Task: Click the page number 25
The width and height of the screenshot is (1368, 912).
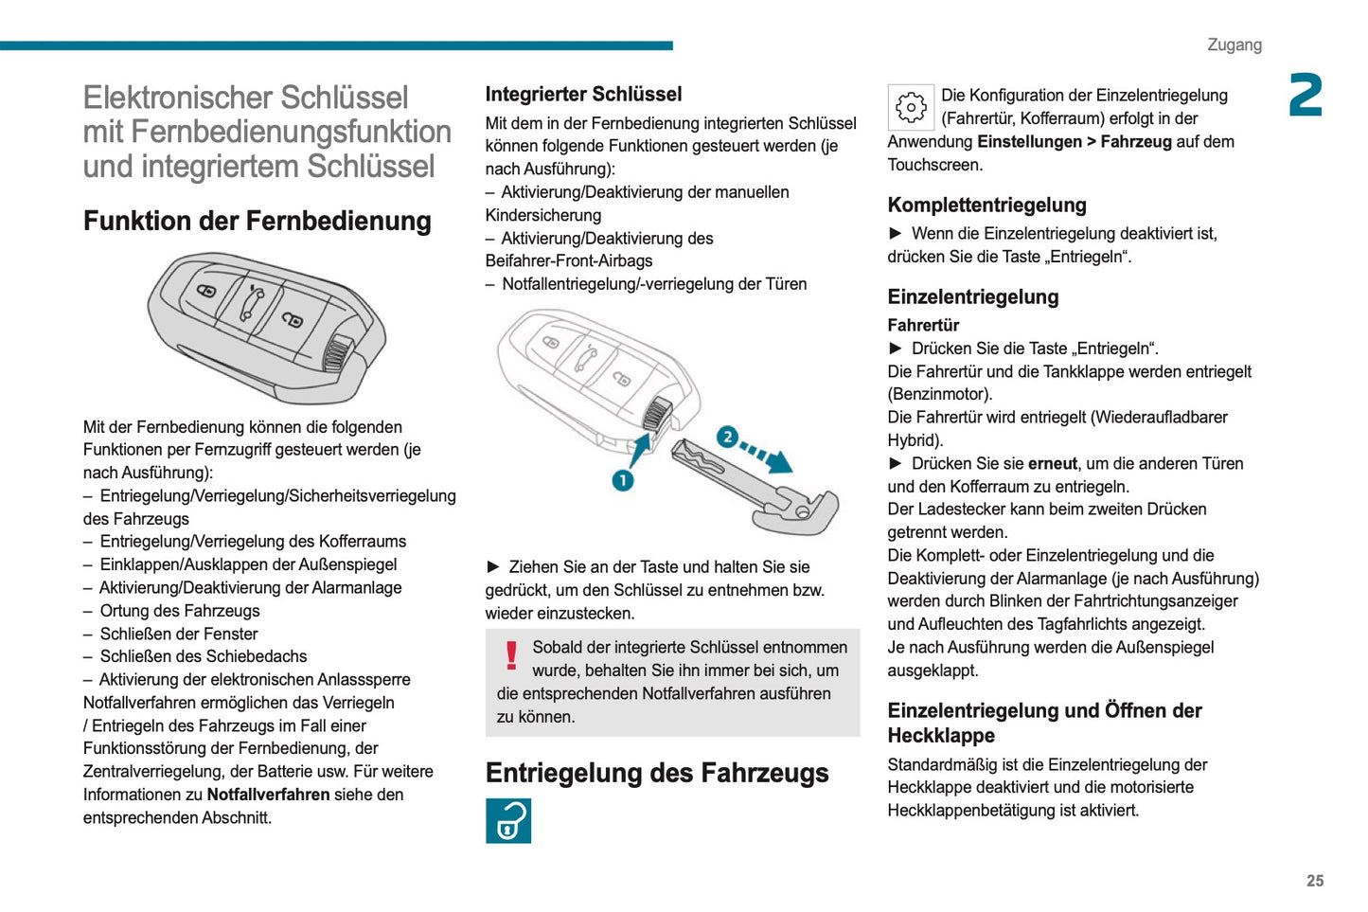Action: click(1314, 881)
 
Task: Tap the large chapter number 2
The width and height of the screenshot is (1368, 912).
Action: click(1306, 96)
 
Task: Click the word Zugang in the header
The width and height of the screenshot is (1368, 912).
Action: click(1234, 45)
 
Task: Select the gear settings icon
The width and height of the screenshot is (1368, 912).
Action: click(911, 107)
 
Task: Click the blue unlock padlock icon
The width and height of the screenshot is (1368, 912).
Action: click(508, 820)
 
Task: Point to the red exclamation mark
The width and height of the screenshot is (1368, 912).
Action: click(511, 655)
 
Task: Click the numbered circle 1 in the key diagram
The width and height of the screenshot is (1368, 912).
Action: click(622, 480)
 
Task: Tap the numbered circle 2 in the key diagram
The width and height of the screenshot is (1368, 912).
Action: click(727, 437)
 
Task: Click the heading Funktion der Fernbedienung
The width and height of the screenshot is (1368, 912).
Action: click(257, 221)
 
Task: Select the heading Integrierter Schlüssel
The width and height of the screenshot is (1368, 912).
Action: click(583, 94)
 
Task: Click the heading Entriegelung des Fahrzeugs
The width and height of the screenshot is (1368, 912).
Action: click(656, 773)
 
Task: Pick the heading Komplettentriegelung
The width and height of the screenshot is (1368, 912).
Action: click(986, 205)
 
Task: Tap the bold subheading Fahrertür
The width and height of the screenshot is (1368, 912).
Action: click(923, 325)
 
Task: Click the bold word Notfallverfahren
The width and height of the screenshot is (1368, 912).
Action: click(268, 795)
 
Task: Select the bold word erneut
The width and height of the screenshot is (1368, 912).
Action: click(1052, 463)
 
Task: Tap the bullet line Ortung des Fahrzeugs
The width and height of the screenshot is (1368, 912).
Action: click(180, 611)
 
